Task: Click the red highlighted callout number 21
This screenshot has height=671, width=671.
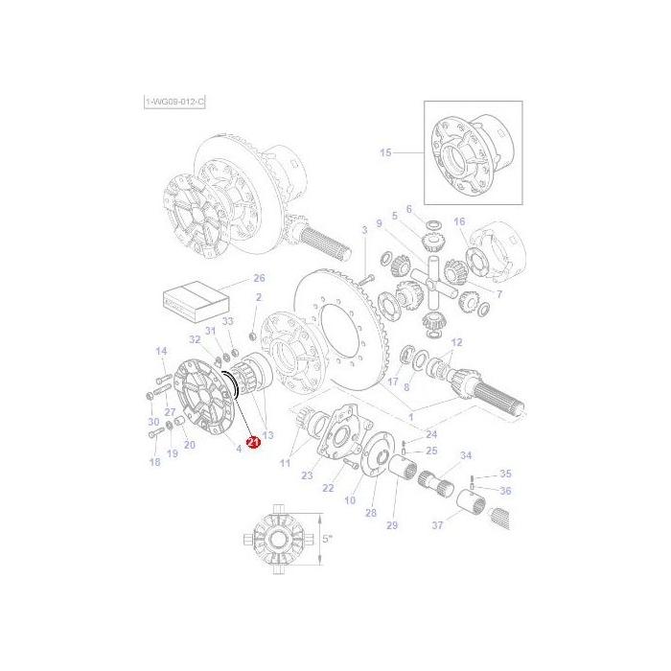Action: (253, 442)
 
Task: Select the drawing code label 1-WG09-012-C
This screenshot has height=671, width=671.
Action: (174, 102)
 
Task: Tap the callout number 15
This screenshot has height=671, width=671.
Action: (385, 152)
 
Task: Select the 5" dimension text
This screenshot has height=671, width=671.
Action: (327, 540)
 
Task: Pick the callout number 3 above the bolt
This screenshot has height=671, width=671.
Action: (364, 229)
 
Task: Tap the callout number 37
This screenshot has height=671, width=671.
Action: (439, 525)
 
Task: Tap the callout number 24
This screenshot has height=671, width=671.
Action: (431, 433)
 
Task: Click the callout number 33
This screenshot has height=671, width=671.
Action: (227, 321)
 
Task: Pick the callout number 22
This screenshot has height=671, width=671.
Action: (328, 488)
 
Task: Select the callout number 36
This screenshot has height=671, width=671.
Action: (505, 491)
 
